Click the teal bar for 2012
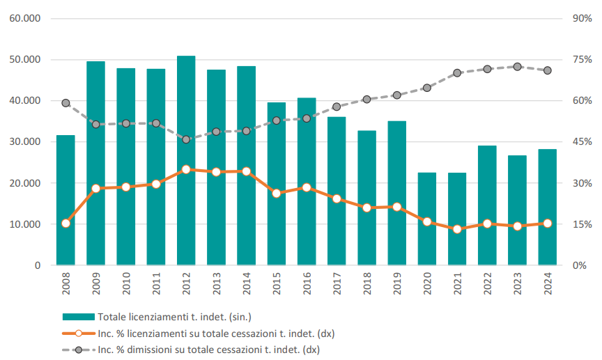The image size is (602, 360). (x=186, y=160)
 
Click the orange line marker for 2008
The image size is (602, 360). (x=65, y=224)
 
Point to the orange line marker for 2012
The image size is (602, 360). (x=186, y=169)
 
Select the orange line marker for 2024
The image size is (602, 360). (x=547, y=224)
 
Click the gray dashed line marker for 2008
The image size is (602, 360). (x=65, y=103)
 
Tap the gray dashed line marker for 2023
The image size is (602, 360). (x=517, y=67)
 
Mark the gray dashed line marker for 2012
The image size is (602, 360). (x=186, y=139)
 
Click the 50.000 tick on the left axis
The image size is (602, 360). (x=24, y=60)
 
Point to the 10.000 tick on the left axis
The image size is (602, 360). (x=24, y=224)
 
